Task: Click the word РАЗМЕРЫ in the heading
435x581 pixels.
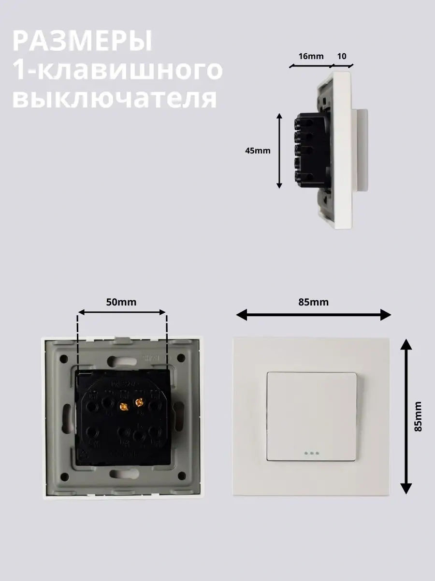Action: pos(82,41)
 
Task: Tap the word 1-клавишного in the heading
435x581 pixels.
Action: pos(117,70)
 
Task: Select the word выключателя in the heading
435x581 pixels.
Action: pos(115,98)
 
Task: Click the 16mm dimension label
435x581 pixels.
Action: pos(311,56)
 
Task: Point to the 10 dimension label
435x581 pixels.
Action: pos(342,56)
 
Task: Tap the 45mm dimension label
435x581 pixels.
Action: pos(258,151)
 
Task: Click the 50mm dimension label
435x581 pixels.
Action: pos(121,302)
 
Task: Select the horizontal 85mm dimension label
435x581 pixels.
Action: pos(314,302)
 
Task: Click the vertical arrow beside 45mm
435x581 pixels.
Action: pos(279,151)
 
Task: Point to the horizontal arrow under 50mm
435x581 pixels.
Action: pos(122,312)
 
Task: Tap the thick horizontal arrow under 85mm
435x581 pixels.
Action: pos(313,315)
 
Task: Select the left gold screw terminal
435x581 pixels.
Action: pos(123,406)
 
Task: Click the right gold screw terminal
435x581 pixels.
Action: pos(139,403)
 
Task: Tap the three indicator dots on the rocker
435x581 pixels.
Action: pos(312,453)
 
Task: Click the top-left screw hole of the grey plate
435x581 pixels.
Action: pos(64,359)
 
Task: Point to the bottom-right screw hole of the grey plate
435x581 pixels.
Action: pos(181,476)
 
